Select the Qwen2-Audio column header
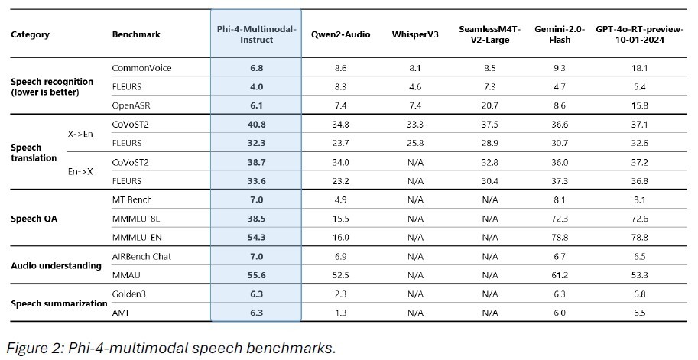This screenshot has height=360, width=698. point(340,35)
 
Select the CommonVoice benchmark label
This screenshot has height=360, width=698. point(141,68)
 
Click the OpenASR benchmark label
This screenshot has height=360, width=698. point(131,105)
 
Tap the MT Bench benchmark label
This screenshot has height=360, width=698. point(131,199)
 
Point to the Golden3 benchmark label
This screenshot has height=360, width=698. point(128,294)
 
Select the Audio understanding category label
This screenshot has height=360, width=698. point(56,266)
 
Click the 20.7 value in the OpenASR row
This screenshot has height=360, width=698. point(490,105)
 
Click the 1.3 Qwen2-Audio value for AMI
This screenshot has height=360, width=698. point(340,313)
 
